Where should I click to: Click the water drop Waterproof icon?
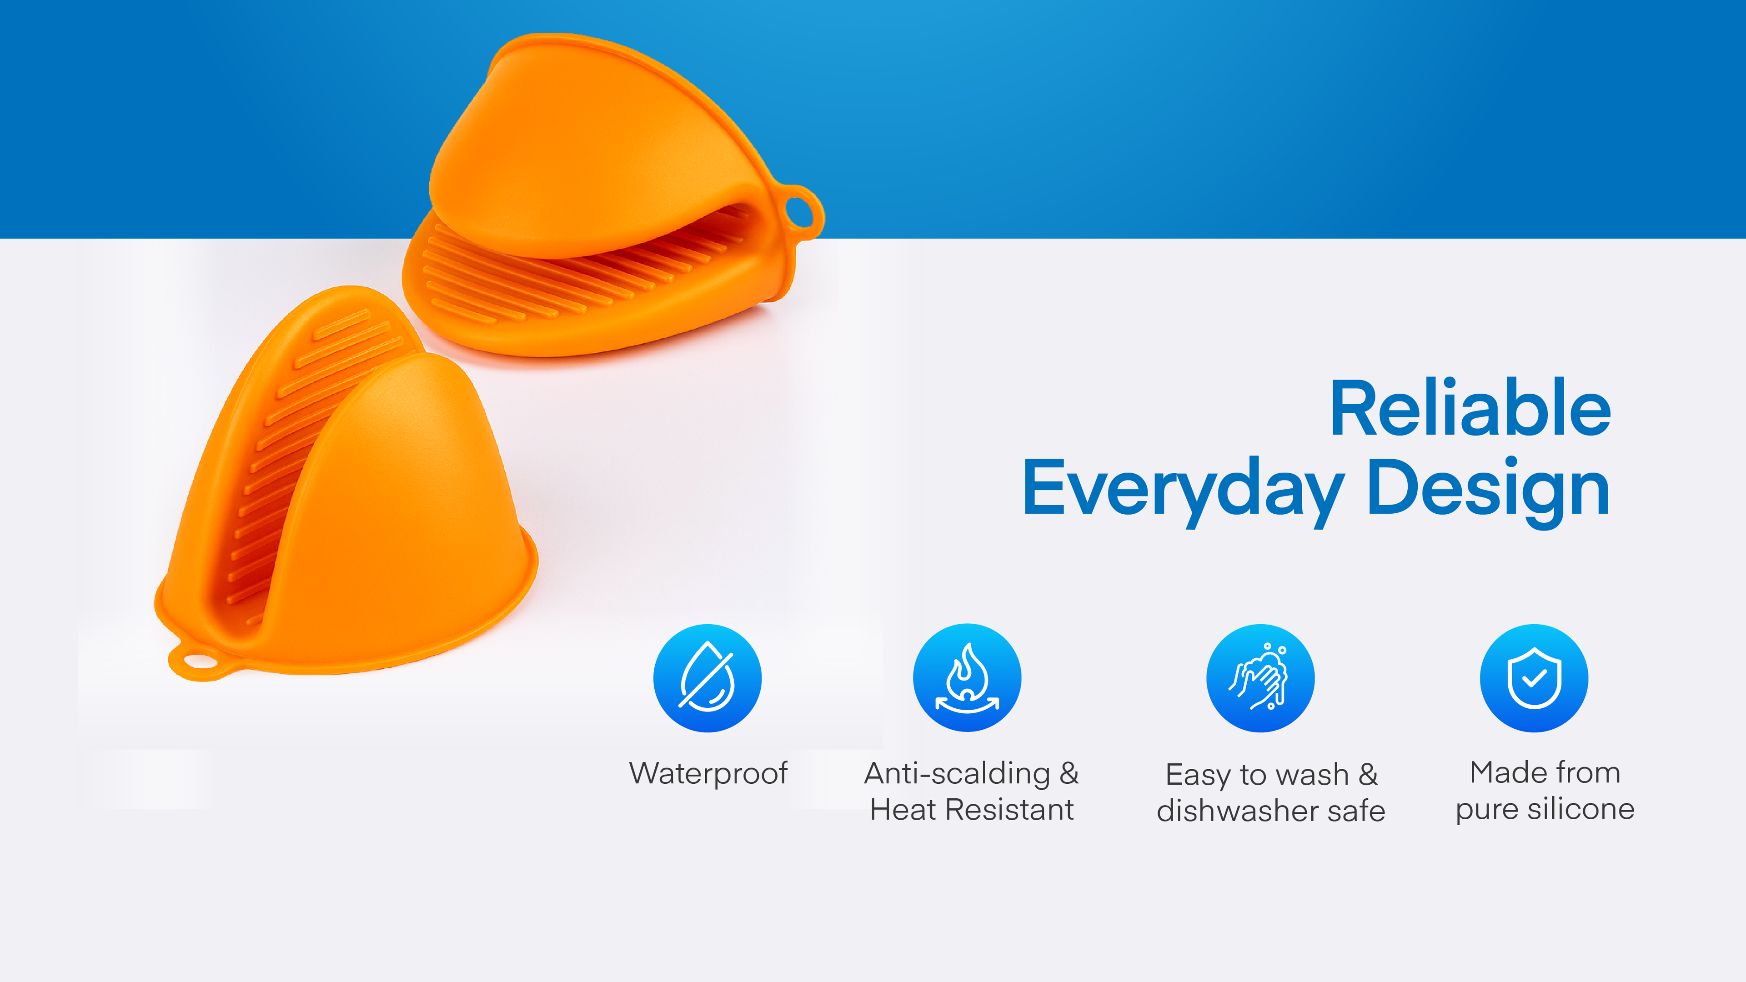[707, 678]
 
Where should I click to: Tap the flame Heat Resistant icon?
[967, 678]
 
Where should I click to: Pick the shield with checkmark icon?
[1534, 678]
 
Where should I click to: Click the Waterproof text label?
[708, 773]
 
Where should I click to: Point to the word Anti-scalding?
[957, 773]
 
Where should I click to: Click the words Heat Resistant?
[972, 809]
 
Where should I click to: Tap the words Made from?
[1545, 772]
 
